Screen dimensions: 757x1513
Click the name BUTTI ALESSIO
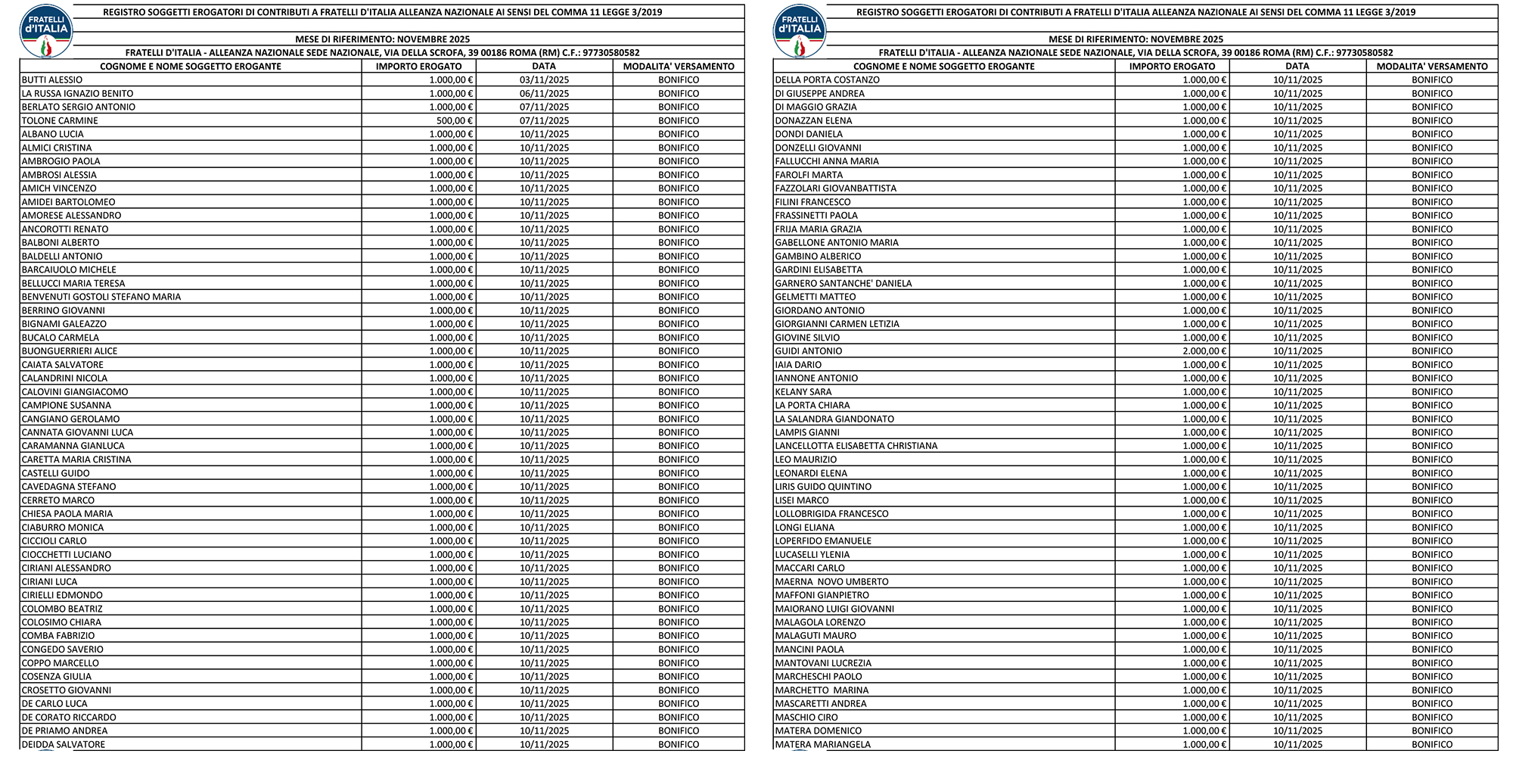[x=52, y=79]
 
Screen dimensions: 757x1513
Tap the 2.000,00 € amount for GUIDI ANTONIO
[x=1204, y=351]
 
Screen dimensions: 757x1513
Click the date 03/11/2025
[x=544, y=79]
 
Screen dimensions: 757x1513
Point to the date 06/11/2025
[x=544, y=93]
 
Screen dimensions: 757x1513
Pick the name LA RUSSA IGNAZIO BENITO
[x=77, y=93]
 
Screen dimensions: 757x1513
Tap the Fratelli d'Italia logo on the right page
[x=800, y=30]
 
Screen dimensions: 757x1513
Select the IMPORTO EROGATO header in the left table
[x=418, y=66]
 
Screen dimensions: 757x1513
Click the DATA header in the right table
[x=1297, y=66]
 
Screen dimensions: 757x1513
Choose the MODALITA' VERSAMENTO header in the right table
[x=1432, y=66]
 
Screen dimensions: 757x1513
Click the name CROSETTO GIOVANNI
[x=67, y=690]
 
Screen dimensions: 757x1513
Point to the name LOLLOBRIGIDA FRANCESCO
[x=831, y=514]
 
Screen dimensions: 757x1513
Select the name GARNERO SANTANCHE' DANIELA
[x=843, y=283]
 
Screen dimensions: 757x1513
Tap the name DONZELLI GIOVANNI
[x=818, y=148]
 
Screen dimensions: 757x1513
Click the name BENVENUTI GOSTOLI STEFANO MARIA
[x=101, y=297]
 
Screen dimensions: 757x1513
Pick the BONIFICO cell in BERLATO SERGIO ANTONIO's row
[x=679, y=107]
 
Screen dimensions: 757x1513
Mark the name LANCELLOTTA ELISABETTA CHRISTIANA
[x=856, y=446]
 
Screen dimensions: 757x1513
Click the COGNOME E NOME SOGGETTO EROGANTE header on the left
[x=191, y=66]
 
